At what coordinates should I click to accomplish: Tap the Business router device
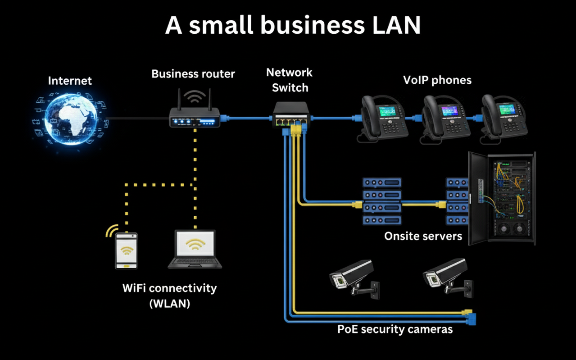pyautogui.click(x=195, y=119)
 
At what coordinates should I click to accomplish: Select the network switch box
pyautogui.click(x=290, y=115)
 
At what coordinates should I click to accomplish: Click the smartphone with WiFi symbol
pyautogui.click(x=126, y=251)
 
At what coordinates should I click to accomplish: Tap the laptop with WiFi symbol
pyautogui.click(x=195, y=249)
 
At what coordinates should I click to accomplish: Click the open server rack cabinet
pyautogui.click(x=502, y=198)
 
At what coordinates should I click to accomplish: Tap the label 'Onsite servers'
pyautogui.click(x=423, y=236)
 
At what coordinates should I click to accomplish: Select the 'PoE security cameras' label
pyautogui.click(x=395, y=329)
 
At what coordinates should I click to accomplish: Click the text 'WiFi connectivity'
pyautogui.click(x=169, y=288)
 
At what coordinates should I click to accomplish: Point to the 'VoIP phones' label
pyautogui.click(x=437, y=80)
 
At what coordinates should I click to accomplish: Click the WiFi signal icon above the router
pyautogui.click(x=195, y=96)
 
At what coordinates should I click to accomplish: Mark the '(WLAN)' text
pyautogui.click(x=169, y=303)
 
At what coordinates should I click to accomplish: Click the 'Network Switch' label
pyautogui.click(x=290, y=80)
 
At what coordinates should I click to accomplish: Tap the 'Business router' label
pyautogui.click(x=193, y=73)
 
